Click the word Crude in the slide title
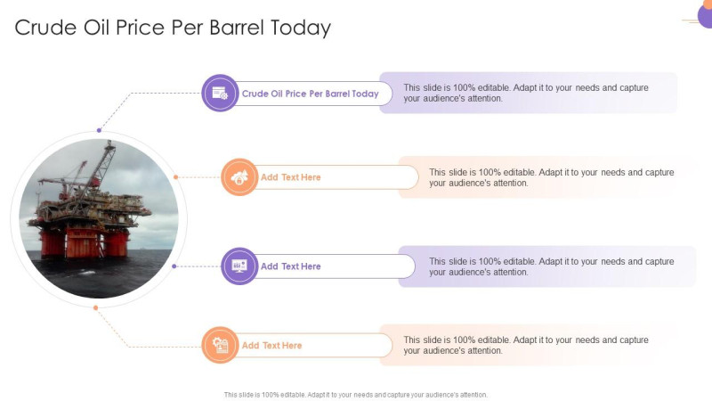(x=44, y=28)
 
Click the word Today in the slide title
(x=299, y=28)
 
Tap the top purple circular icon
(x=220, y=93)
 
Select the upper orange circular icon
(x=239, y=177)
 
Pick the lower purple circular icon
(x=239, y=266)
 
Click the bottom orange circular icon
(x=220, y=345)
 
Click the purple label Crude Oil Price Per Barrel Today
(x=310, y=94)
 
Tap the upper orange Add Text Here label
(x=290, y=177)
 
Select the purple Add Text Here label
(x=290, y=266)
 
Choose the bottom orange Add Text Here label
(x=271, y=346)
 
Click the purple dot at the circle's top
(x=99, y=131)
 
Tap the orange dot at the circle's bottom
(x=95, y=307)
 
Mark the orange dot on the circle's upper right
(x=176, y=177)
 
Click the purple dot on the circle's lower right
(x=174, y=266)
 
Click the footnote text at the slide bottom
(x=356, y=394)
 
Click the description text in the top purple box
(x=525, y=93)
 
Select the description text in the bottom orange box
(x=525, y=345)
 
